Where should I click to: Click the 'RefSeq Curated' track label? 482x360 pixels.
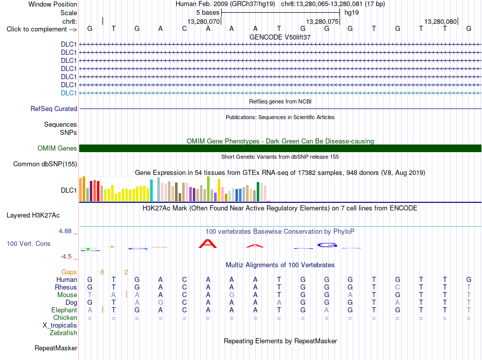54,109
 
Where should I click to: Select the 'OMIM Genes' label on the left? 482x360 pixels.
57,149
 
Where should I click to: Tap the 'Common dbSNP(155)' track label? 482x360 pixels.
45,164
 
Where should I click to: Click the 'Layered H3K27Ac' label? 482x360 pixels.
33,215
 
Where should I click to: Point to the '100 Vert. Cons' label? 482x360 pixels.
28,243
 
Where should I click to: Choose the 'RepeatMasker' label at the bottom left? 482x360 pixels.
56,348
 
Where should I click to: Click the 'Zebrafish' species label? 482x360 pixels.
63,333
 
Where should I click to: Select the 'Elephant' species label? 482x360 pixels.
64,310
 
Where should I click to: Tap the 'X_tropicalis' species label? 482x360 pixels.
60,326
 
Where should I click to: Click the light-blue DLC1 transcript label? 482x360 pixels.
68,93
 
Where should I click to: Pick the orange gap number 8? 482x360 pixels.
102,272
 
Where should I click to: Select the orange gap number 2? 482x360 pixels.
126,272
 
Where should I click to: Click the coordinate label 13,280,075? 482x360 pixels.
322,21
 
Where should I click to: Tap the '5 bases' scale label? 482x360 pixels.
208,13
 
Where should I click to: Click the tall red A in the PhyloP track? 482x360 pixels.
208,243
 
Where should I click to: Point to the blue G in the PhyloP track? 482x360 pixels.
327,245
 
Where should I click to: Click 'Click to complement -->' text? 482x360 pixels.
42,29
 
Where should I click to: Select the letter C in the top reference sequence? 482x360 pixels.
185,28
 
